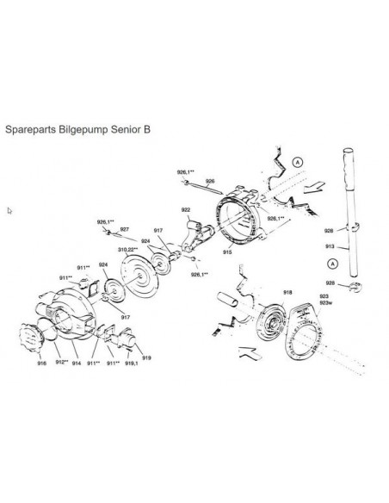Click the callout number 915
tap(226, 253)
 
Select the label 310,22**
tap(129, 248)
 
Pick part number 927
tap(124, 229)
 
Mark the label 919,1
tap(131, 364)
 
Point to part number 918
tap(287, 293)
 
